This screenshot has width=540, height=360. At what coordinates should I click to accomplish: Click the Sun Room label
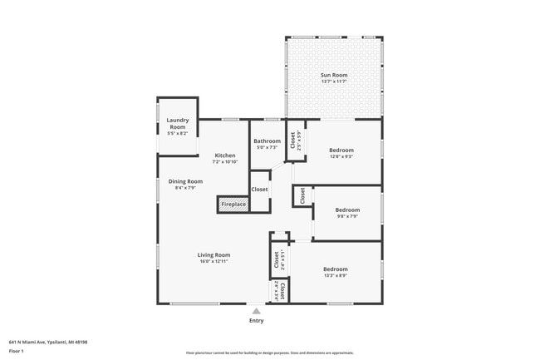click(334, 76)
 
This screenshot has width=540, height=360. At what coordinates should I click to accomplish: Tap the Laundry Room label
click(178, 124)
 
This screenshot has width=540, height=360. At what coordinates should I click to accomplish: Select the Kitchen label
click(225, 155)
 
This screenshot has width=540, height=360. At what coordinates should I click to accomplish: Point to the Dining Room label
click(185, 181)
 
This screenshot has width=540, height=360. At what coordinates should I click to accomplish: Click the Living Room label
click(214, 254)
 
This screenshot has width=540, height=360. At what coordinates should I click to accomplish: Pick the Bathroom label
click(267, 141)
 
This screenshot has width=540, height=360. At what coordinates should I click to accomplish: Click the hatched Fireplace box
click(233, 204)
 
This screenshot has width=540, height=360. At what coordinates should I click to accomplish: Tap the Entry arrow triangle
click(257, 311)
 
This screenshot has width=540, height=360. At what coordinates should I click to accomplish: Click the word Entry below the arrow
click(257, 321)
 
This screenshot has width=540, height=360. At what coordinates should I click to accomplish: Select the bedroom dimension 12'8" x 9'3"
click(341, 155)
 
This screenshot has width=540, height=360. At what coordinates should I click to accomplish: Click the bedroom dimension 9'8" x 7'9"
click(347, 217)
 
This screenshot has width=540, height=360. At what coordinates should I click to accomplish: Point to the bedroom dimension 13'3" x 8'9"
click(336, 276)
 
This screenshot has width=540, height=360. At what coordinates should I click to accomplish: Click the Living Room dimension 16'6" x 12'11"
click(214, 261)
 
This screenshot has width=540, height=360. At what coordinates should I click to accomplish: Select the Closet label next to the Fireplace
click(259, 190)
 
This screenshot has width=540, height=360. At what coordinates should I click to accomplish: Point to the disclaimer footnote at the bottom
click(269, 353)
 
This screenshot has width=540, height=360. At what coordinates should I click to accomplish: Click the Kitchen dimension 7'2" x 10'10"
click(225, 162)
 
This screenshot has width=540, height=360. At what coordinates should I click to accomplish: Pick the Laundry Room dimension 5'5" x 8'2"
click(178, 133)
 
